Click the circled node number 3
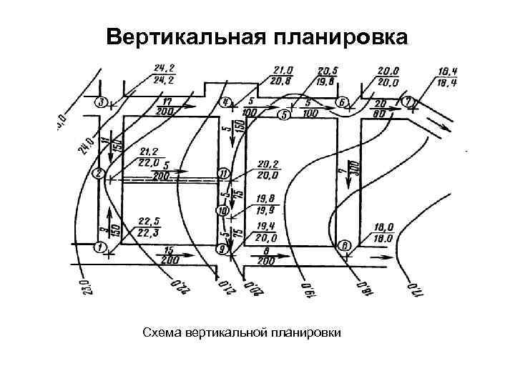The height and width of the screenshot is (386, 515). (103, 102)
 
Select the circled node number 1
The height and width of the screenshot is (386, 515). (99, 247)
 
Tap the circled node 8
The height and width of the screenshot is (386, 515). (345, 246)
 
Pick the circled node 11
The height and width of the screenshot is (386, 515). (224, 174)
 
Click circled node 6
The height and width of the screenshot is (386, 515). (342, 102)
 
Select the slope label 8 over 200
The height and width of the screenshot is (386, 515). (265, 256)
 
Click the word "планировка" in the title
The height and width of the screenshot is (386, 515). (338, 36)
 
